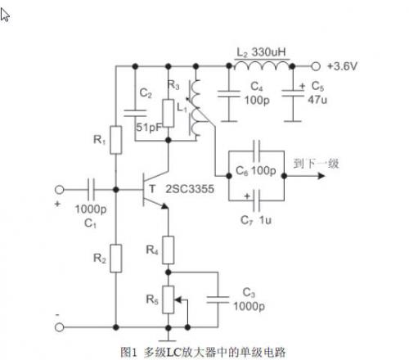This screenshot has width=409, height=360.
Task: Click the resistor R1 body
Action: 116,140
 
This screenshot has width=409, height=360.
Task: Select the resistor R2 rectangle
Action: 116,259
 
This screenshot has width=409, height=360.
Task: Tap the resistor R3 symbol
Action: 169,113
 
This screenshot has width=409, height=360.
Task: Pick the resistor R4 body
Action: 169,250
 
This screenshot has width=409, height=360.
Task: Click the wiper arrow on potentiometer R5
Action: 178,300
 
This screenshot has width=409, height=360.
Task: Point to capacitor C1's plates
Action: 91,189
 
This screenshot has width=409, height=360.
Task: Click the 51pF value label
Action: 149,127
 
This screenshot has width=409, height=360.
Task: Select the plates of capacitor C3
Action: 218,299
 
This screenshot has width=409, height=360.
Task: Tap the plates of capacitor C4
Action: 229,94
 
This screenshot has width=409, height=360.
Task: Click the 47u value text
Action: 317,100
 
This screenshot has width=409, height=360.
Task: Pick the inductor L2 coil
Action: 262,65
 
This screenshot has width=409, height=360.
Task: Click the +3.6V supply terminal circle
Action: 316,66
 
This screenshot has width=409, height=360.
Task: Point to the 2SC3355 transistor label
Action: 190,189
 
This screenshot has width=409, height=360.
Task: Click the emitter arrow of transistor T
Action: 164,206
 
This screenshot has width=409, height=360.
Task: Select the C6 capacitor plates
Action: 256,151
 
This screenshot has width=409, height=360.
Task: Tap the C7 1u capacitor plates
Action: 256,200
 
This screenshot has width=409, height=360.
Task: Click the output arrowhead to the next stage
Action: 321,176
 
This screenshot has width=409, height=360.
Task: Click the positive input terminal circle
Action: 59,190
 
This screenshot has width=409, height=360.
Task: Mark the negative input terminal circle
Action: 59,327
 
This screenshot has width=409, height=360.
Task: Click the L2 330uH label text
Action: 261,52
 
